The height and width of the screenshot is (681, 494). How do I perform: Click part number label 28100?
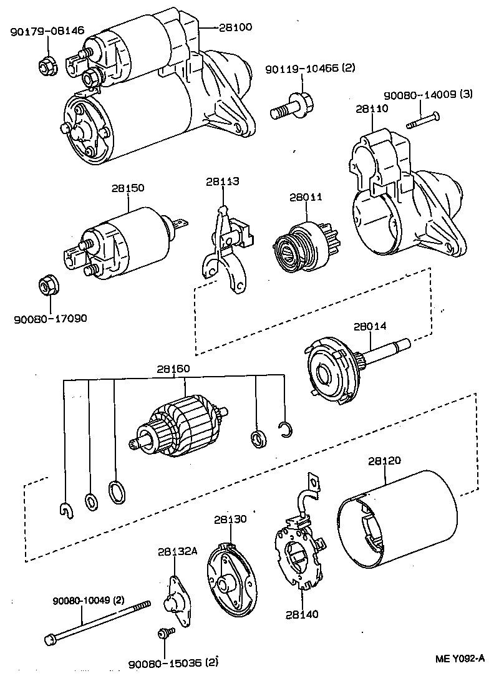tap(236, 28)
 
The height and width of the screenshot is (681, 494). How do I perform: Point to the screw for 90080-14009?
tap(424, 120)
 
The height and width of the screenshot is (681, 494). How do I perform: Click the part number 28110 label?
tap(372, 109)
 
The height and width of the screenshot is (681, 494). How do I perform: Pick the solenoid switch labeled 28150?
tap(122, 239)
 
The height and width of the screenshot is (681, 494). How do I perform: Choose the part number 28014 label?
tap(370, 326)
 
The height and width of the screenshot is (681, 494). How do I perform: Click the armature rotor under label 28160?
tap(178, 425)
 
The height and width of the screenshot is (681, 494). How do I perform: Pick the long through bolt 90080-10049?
tap(97, 621)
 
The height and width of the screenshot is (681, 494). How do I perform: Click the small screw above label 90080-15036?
tap(164, 634)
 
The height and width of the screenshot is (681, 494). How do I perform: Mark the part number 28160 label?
tap(173, 369)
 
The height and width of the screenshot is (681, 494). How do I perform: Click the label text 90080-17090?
tap(51, 318)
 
